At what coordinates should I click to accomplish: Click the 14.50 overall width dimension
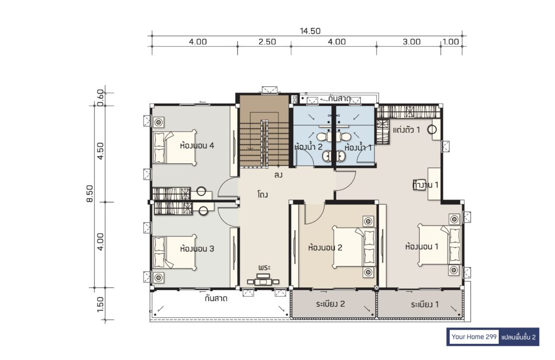(x=310, y=31)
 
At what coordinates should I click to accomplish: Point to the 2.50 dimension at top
(x=267, y=42)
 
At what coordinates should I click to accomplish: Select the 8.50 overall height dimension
(x=90, y=194)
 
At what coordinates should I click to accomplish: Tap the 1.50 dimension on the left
(x=100, y=304)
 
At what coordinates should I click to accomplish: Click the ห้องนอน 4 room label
(x=197, y=145)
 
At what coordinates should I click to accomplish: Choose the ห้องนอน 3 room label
(x=197, y=248)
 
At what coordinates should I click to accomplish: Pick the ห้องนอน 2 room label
(x=325, y=247)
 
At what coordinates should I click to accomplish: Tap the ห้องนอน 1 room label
(x=422, y=246)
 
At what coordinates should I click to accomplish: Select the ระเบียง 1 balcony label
(x=425, y=304)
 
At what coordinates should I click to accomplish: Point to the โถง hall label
(x=263, y=194)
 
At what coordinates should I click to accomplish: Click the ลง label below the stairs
(x=278, y=175)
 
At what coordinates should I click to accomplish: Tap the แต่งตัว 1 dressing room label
(x=406, y=130)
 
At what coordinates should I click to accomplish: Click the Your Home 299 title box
(x=474, y=337)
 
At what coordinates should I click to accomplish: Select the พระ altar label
(x=264, y=267)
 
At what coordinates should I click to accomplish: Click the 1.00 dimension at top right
(x=450, y=42)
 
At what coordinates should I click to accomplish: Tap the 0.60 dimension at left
(x=100, y=98)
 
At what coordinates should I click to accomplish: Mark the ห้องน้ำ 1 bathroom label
(x=358, y=147)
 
